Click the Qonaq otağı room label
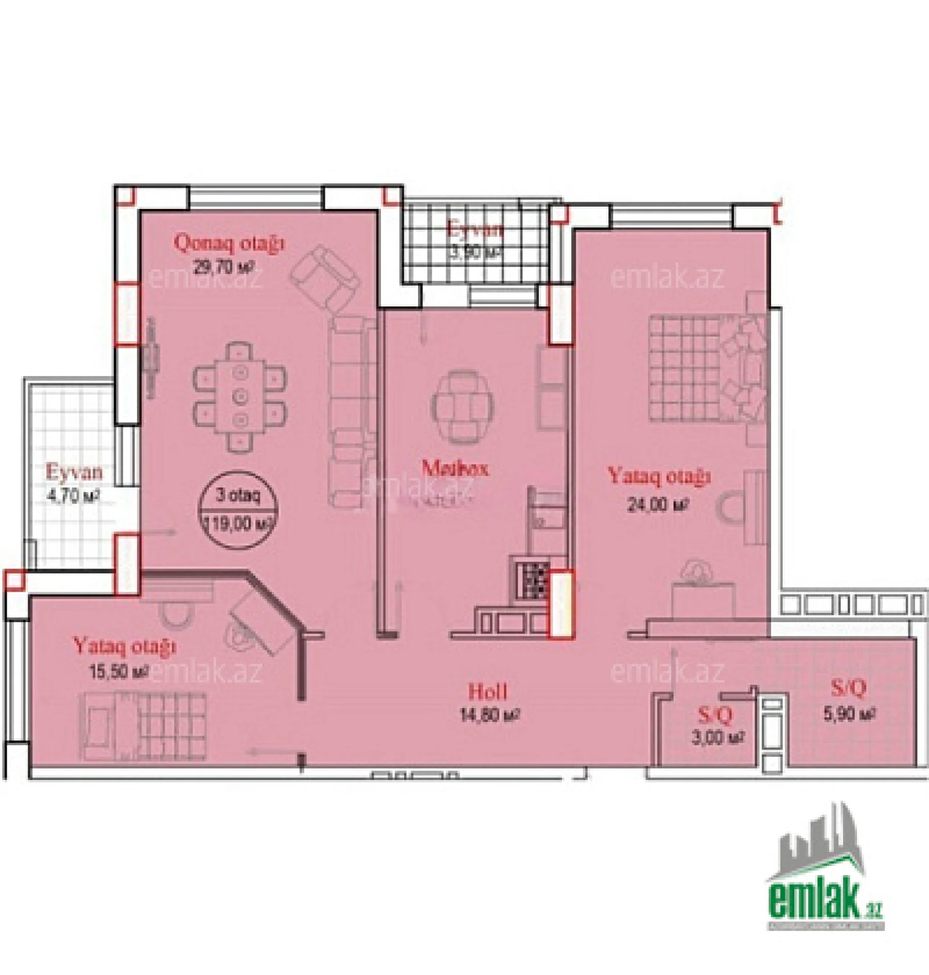pyautogui.click(x=229, y=243)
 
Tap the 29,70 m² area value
pyautogui.click(x=223, y=267)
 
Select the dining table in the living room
pyautogui.click(x=240, y=397)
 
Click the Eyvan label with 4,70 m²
pyautogui.click(x=74, y=472)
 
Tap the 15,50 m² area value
pyautogui.click(x=119, y=672)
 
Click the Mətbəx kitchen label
pyautogui.click(x=455, y=468)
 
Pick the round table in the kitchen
pyautogui.click(x=461, y=406)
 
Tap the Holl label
pyautogui.click(x=487, y=691)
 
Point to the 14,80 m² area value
pyautogui.click(x=489, y=714)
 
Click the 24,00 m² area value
pyautogui.click(x=658, y=505)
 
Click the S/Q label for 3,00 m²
pyautogui.click(x=715, y=714)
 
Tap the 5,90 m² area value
pyautogui.click(x=849, y=713)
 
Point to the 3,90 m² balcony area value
pyautogui.click(x=474, y=252)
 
